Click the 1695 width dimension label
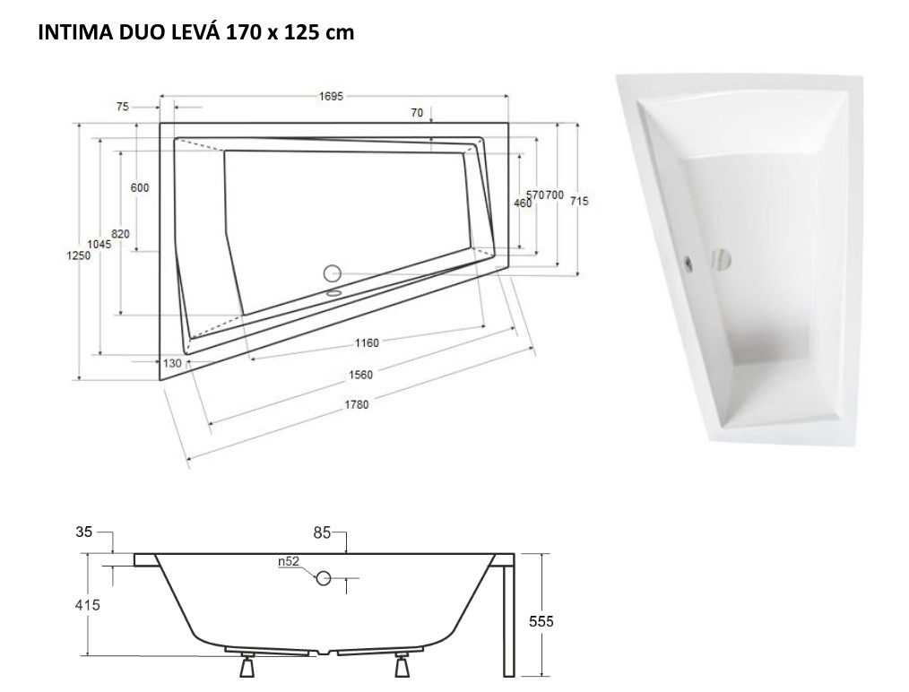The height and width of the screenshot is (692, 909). click(331, 96)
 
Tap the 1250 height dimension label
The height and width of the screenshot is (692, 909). click(78, 255)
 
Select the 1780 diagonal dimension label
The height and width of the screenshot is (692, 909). click(357, 404)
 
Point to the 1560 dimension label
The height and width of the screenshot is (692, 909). click(360, 375)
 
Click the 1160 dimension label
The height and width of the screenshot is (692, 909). click(367, 343)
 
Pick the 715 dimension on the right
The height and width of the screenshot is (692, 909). click(579, 201)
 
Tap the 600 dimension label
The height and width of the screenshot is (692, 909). click(140, 187)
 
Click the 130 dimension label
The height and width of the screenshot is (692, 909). click(172, 363)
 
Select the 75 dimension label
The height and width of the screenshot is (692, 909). click(122, 107)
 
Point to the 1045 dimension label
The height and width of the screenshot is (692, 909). click(100, 244)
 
